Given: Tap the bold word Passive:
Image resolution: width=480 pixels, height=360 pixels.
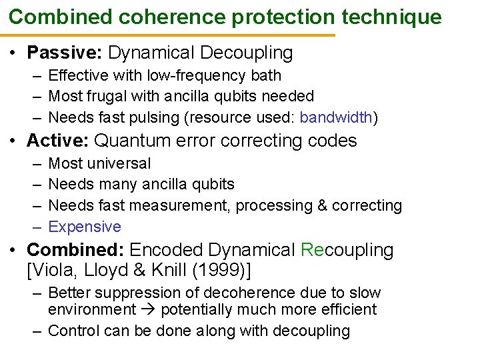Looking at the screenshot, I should coord(65,53).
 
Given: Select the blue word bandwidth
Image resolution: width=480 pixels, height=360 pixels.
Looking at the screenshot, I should coord(336,118).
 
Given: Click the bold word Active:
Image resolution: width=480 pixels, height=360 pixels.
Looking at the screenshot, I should coord(59,141).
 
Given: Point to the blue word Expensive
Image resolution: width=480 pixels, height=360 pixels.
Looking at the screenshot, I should coord(85,227).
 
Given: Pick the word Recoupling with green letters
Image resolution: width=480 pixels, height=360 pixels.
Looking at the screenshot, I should coord(347,250).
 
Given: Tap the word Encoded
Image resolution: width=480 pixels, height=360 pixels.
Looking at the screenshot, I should coord(166,250).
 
